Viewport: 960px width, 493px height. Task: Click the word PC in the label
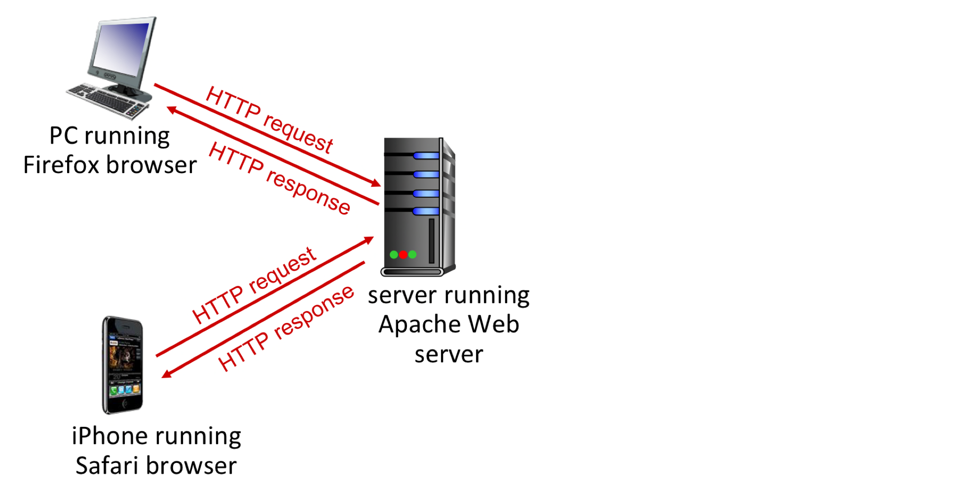[x=64, y=136]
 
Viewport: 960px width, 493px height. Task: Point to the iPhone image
[x=123, y=365]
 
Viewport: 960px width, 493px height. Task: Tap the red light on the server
[x=403, y=254]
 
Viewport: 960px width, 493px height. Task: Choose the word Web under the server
[x=493, y=325]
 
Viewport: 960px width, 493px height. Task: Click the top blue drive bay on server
[x=426, y=156]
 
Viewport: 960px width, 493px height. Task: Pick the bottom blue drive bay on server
[x=426, y=211]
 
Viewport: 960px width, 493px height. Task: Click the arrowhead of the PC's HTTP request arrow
[x=376, y=184]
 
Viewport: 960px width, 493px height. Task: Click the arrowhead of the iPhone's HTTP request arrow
[x=369, y=240]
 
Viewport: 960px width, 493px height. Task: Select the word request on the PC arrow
[x=298, y=133]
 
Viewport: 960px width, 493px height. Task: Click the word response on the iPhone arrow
[x=314, y=313]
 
